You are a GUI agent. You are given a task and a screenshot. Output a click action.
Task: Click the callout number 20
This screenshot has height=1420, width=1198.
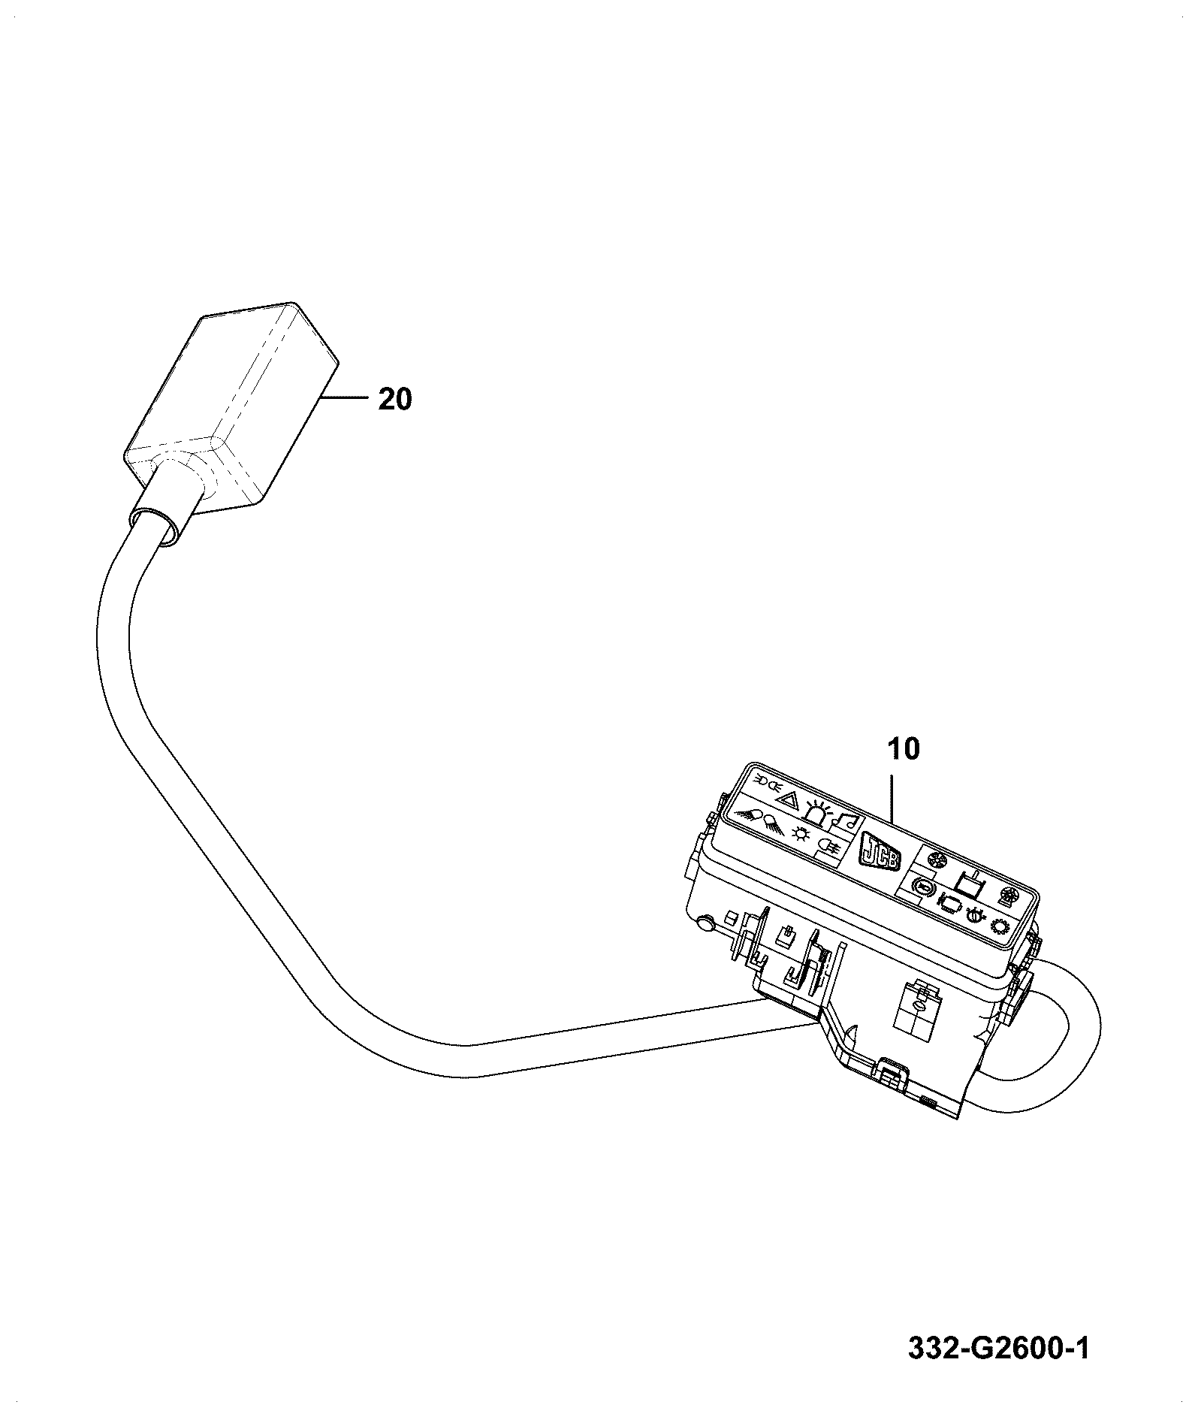(x=395, y=399)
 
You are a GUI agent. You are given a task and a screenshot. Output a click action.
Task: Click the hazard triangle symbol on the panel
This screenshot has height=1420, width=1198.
(x=788, y=799)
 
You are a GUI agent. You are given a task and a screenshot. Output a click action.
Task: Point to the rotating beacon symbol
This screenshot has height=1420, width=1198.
(x=817, y=811)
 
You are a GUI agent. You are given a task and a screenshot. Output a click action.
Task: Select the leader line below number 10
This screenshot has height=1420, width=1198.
(x=892, y=794)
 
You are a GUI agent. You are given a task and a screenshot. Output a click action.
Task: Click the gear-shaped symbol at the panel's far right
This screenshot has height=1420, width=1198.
(x=1000, y=926)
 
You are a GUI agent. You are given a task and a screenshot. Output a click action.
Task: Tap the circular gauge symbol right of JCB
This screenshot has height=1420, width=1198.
(x=922, y=888)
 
